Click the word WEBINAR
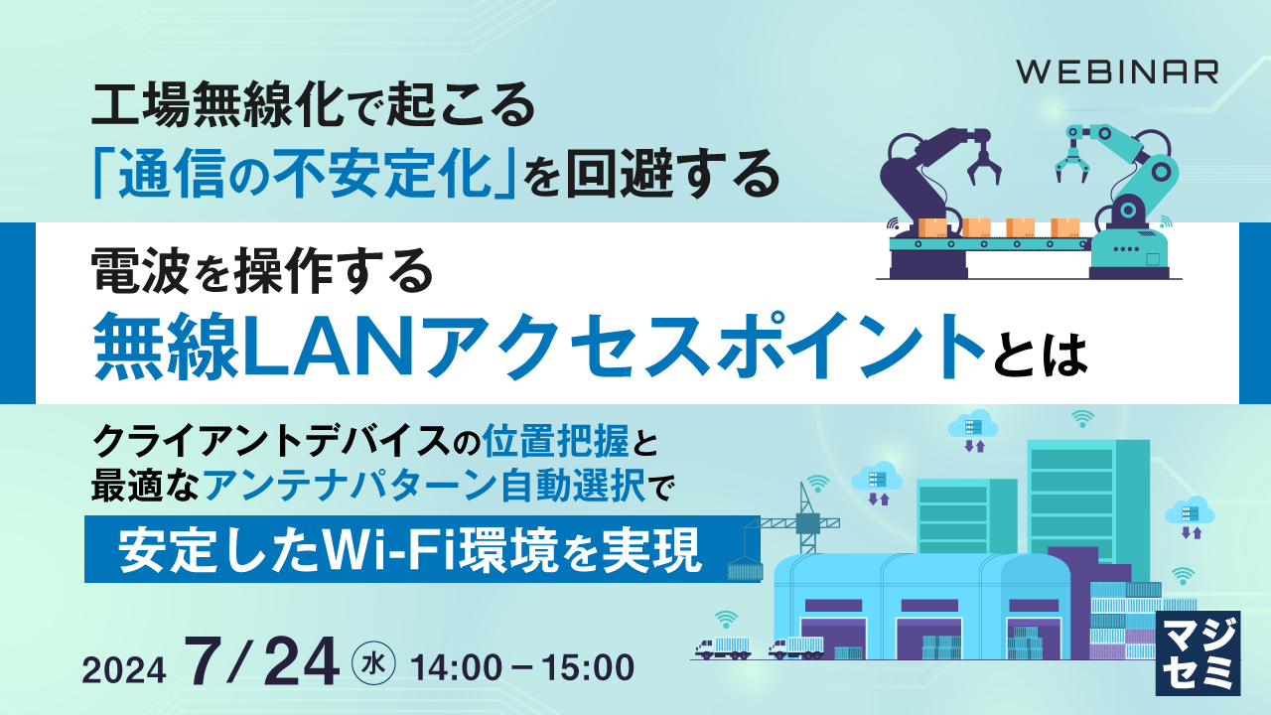click(x=1117, y=72)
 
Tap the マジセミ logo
click(x=1199, y=652)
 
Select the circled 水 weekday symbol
click(x=374, y=662)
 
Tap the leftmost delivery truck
click(x=724, y=645)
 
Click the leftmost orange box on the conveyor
click(x=933, y=227)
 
